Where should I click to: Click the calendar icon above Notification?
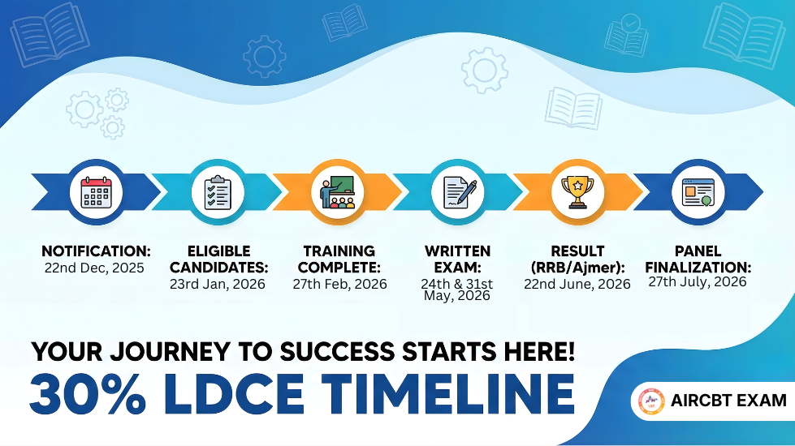click(x=96, y=192)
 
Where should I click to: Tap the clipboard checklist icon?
click(x=218, y=192)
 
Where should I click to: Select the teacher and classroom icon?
click(x=338, y=192)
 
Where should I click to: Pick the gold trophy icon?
click(x=577, y=192)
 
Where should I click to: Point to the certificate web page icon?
click(x=698, y=192)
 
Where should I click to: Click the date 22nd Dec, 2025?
click(x=94, y=268)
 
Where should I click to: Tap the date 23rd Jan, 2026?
click(x=218, y=284)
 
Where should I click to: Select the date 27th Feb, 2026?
click(x=339, y=284)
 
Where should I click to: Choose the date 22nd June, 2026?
click(x=577, y=284)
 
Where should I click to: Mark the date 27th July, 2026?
click(x=698, y=282)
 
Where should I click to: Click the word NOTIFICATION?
click(x=96, y=251)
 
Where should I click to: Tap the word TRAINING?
click(x=339, y=251)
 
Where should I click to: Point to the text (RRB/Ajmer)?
click(x=577, y=268)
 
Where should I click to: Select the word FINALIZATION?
click(x=698, y=268)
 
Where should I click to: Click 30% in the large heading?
click(x=89, y=393)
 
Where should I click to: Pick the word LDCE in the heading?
click(x=234, y=393)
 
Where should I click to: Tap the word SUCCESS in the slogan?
click(x=337, y=351)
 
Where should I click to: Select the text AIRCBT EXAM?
click(x=728, y=401)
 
